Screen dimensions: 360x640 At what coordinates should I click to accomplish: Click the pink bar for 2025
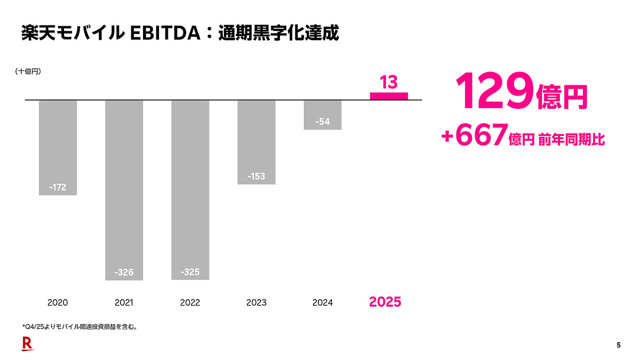[389, 97]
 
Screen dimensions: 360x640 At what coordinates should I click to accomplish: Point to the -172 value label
[58, 188]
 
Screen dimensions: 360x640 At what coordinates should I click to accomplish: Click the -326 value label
[124, 273]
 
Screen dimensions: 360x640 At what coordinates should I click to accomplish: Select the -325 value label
[190, 272]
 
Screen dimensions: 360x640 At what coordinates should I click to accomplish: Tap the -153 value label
[256, 177]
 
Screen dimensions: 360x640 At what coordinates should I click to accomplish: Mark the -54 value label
[322, 122]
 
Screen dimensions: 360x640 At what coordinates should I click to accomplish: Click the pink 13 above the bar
[388, 83]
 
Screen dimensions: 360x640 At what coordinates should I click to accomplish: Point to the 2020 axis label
[58, 302]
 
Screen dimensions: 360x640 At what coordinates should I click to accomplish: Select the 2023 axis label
[256, 302]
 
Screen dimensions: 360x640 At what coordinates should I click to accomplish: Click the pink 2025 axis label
[385, 302]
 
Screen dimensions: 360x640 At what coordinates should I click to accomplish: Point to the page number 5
[619, 345]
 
